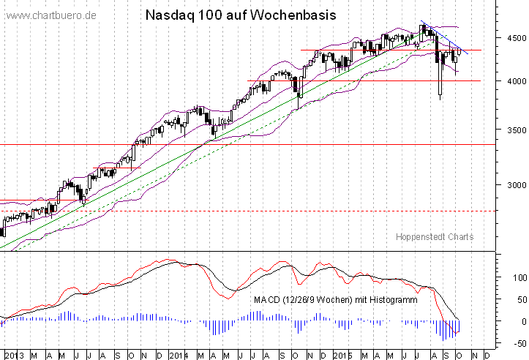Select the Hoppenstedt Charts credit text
click(x=435, y=236)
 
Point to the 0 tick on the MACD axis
click(x=521, y=321)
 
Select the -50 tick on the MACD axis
click(x=517, y=342)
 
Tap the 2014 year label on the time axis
click(x=179, y=355)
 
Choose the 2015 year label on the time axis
click(x=342, y=355)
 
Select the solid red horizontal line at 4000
click(x=366, y=80)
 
